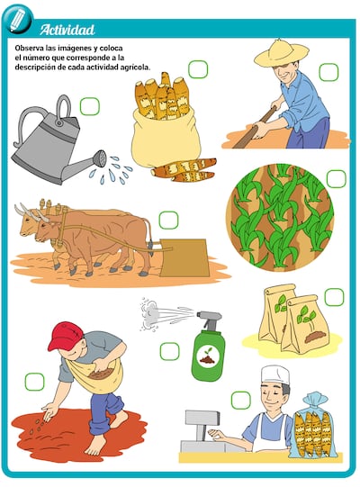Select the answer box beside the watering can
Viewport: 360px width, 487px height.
coord(89,106)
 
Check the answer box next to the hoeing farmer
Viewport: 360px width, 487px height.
coord(328,72)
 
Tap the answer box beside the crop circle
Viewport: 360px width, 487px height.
coord(336,179)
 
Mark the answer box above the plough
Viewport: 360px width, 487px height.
coord(168,220)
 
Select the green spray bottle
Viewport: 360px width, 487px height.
coord(209,347)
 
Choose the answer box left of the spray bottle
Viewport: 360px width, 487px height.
coord(169,351)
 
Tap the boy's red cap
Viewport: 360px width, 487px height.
coord(65,336)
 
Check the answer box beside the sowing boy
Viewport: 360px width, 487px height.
coord(34,381)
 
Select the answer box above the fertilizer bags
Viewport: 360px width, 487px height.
coord(334,296)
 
